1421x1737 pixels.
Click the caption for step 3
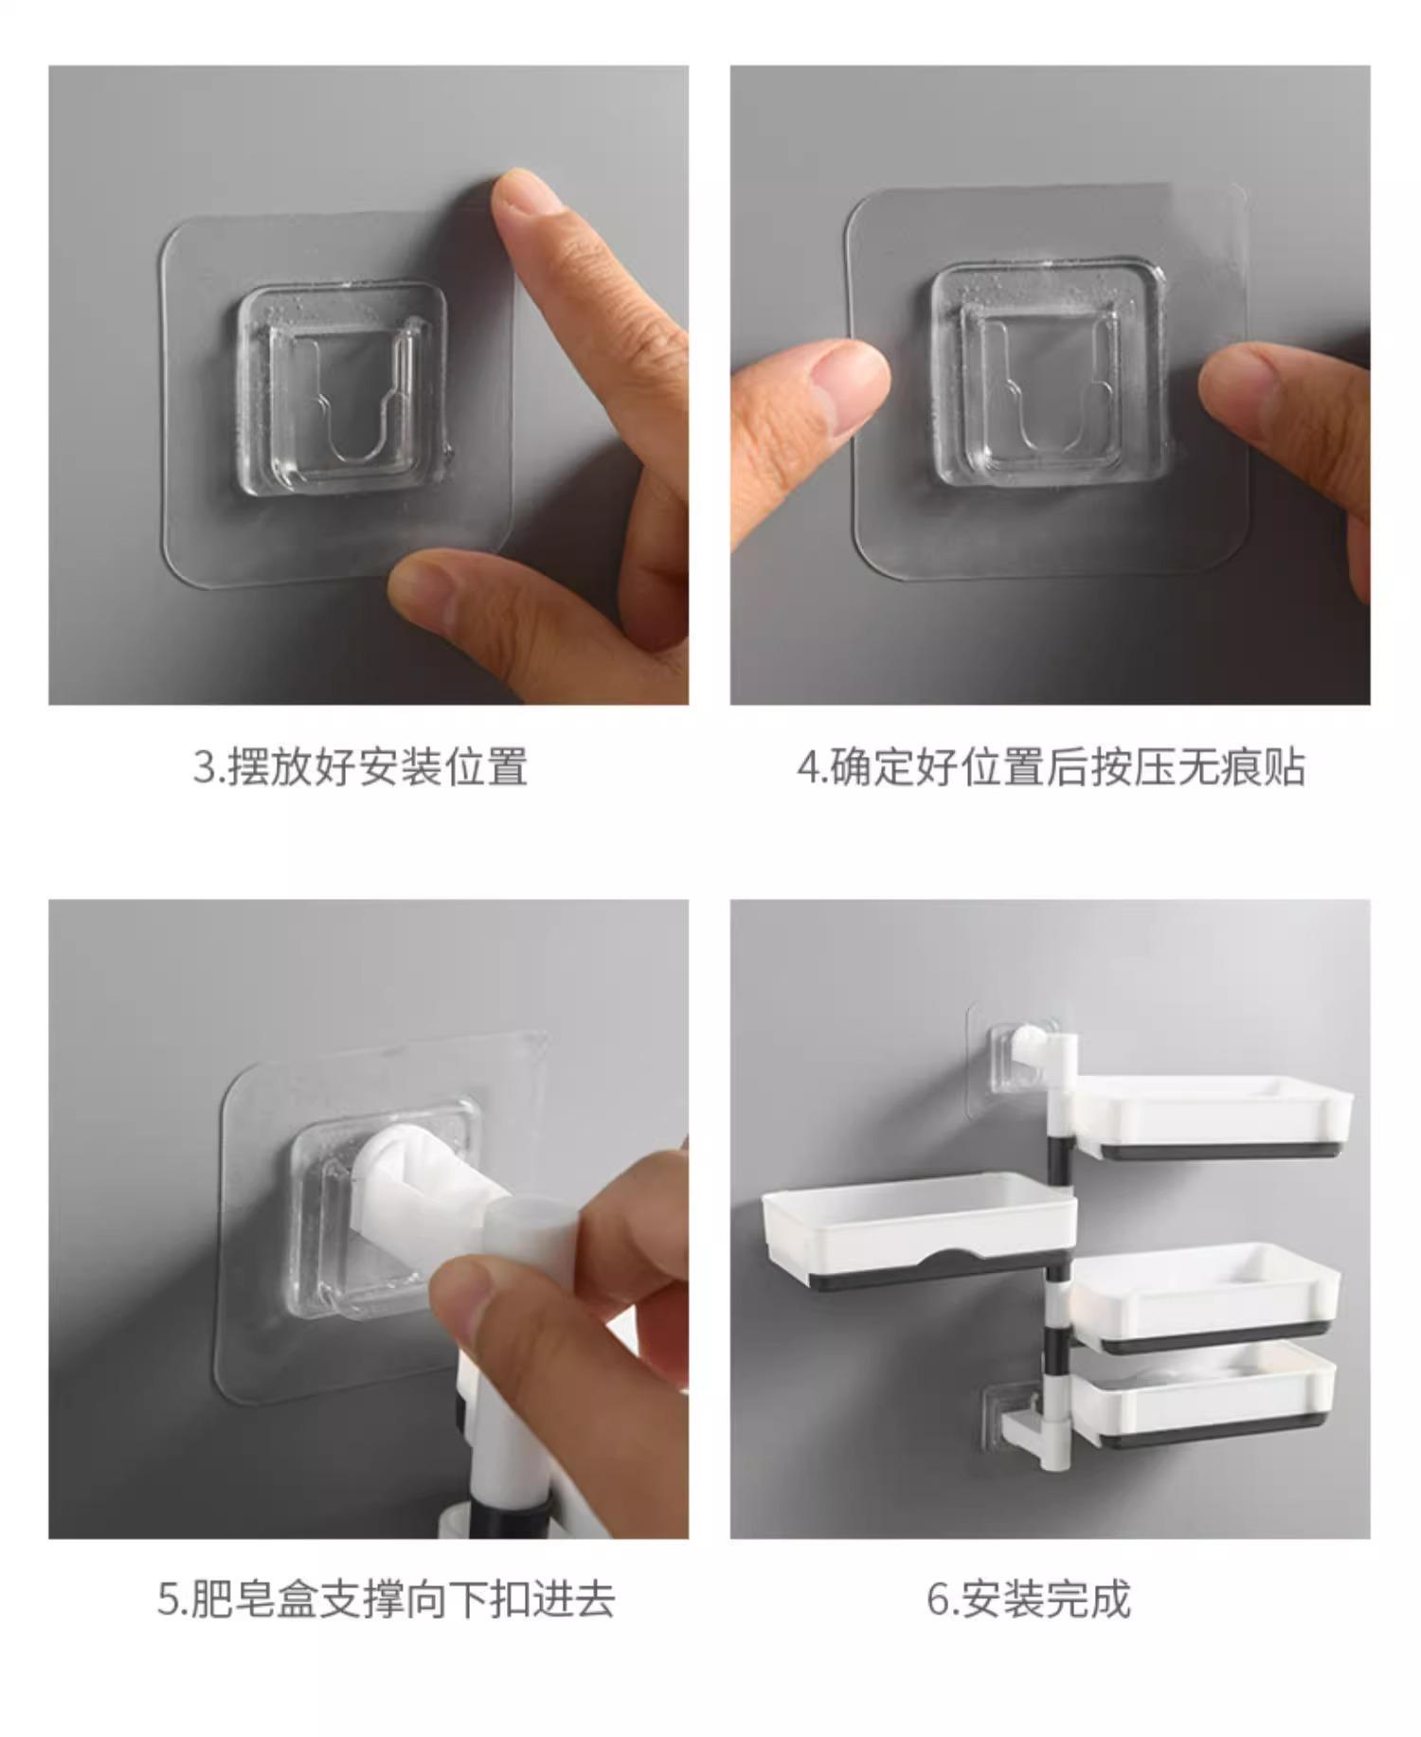360,766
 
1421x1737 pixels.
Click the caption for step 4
1051,766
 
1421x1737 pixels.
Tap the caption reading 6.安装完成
1029,1600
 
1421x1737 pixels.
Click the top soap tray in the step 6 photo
1213,1118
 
